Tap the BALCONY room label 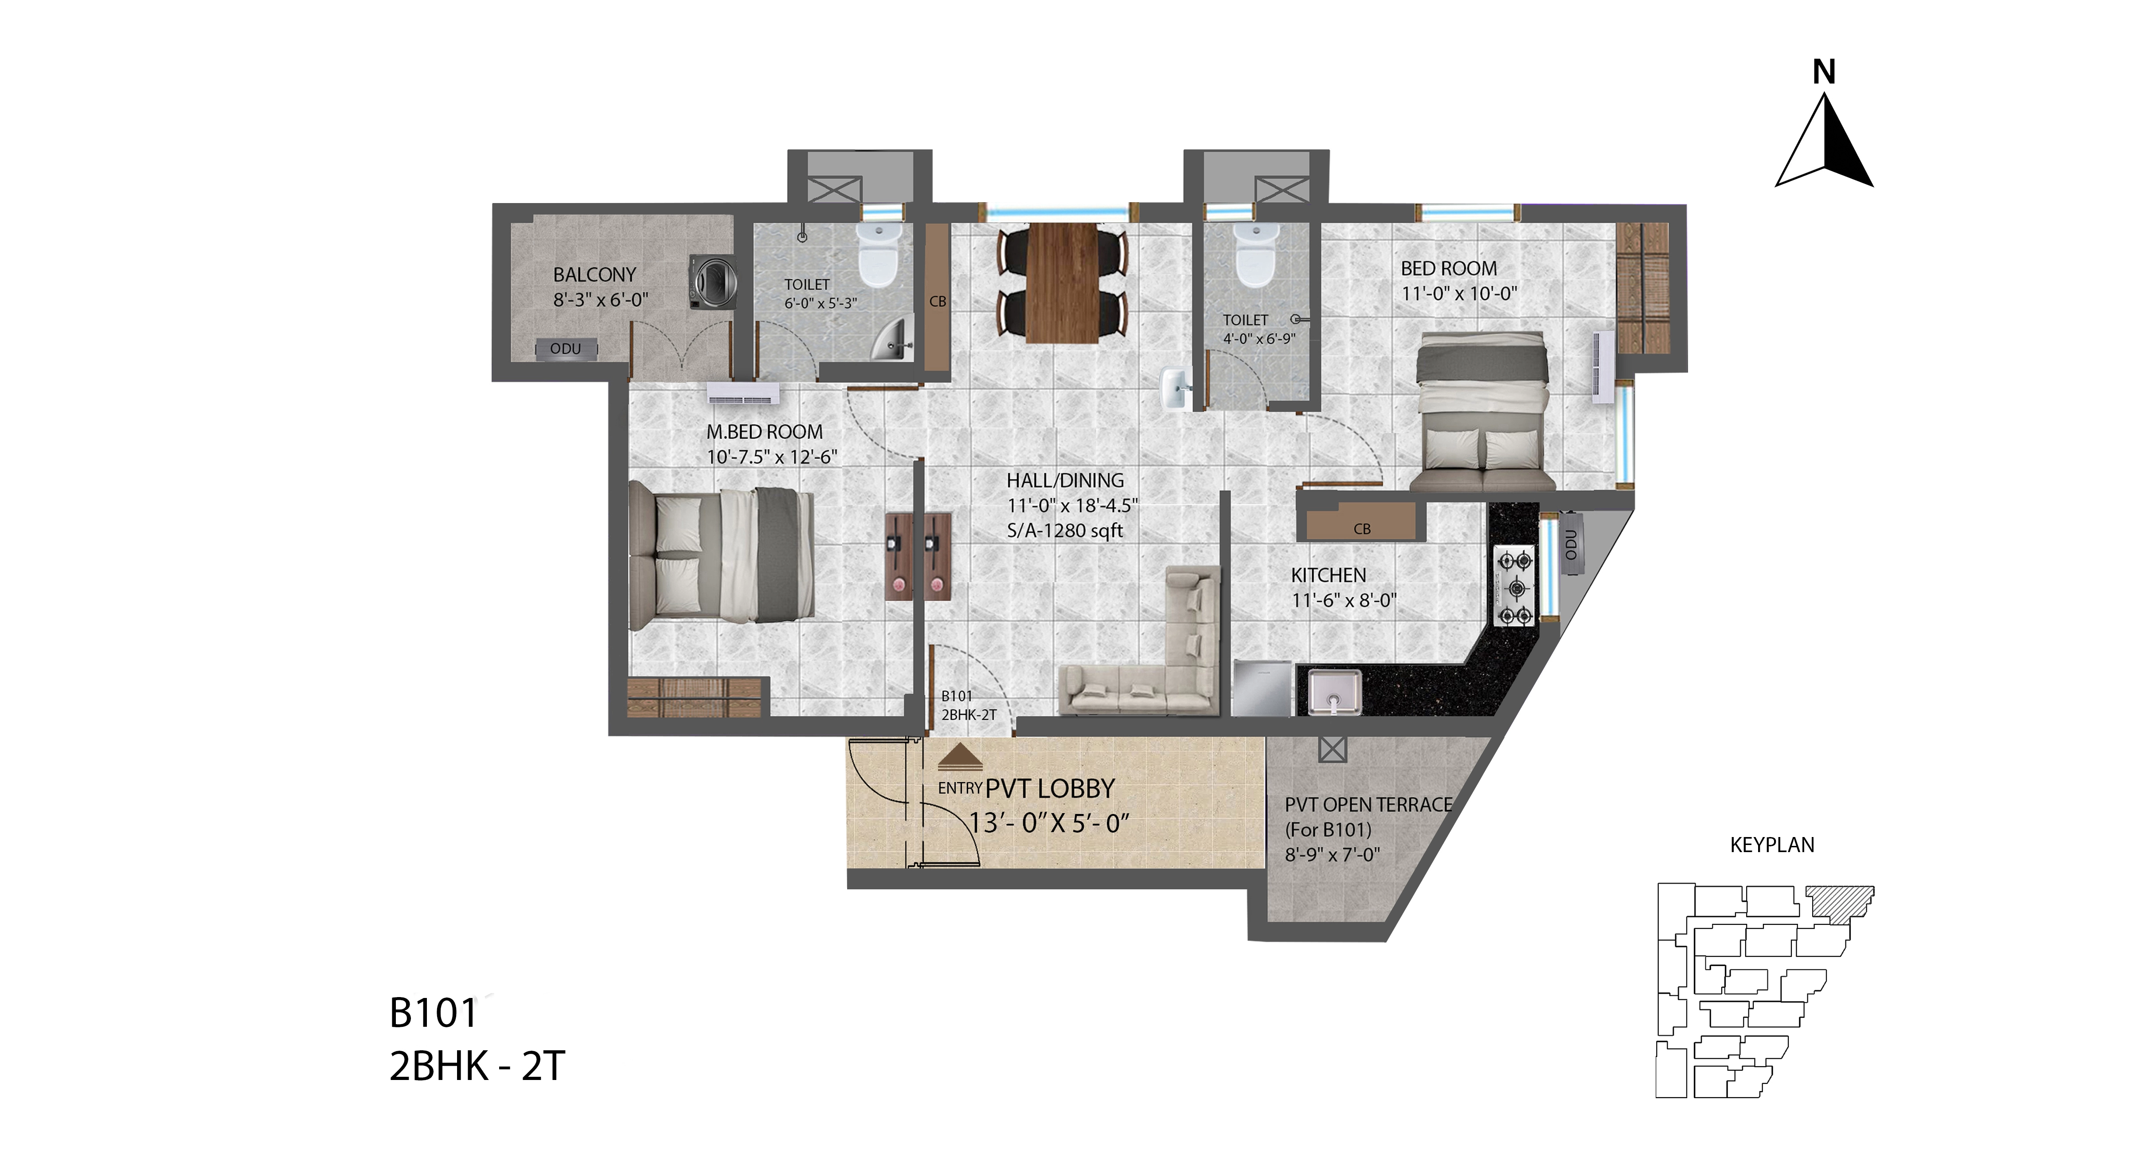point(594,275)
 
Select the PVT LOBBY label point(1050,789)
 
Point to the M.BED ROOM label point(764,432)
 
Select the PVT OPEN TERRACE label point(1368,804)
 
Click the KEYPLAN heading point(1772,845)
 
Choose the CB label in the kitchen point(1362,529)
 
